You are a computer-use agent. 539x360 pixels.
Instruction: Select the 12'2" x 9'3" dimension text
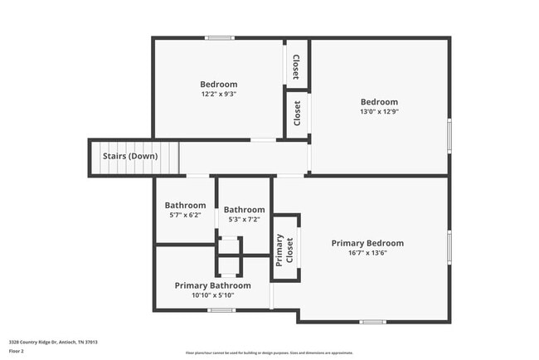pos(218,95)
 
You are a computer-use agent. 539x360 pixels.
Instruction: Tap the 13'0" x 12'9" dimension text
pos(378,113)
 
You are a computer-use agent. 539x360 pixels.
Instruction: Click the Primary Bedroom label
pos(367,243)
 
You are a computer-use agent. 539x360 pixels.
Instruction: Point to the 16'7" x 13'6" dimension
pos(367,254)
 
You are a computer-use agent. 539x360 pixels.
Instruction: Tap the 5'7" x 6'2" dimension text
pos(185,216)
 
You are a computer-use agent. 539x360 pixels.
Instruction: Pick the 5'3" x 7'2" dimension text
pos(244,220)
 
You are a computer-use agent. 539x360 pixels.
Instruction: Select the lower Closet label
pos(297,113)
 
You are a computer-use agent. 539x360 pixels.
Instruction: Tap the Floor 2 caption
pos(17,351)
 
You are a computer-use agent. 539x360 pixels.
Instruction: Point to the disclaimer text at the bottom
pos(269,353)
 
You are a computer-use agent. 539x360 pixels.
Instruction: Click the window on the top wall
pos(220,38)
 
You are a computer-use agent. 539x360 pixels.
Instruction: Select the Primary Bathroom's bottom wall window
pos(221,310)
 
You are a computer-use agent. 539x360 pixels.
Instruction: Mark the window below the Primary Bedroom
pos(372,321)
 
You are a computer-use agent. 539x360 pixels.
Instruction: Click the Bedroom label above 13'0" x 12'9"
pos(378,102)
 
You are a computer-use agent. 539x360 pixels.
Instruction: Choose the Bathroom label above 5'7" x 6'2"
pos(185,206)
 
